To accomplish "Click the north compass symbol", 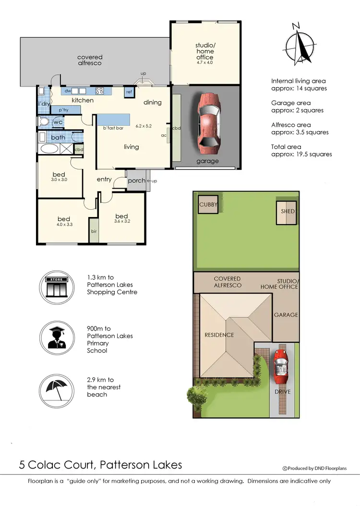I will click(x=299, y=44).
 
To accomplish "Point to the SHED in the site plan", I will click(x=286, y=212).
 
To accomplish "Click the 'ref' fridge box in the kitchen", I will click(x=129, y=92).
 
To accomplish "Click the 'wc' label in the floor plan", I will click(x=58, y=122).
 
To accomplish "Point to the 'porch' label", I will click(x=136, y=181).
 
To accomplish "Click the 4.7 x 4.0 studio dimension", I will click(x=205, y=63).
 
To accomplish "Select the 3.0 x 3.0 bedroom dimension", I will click(x=59, y=180).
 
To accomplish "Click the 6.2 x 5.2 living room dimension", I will click(x=144, y=126).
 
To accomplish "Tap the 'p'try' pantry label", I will click(x=64, y=110).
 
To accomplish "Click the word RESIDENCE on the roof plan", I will click(x=219, y=335).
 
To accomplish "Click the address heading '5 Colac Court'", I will click(x=101, y=465).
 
